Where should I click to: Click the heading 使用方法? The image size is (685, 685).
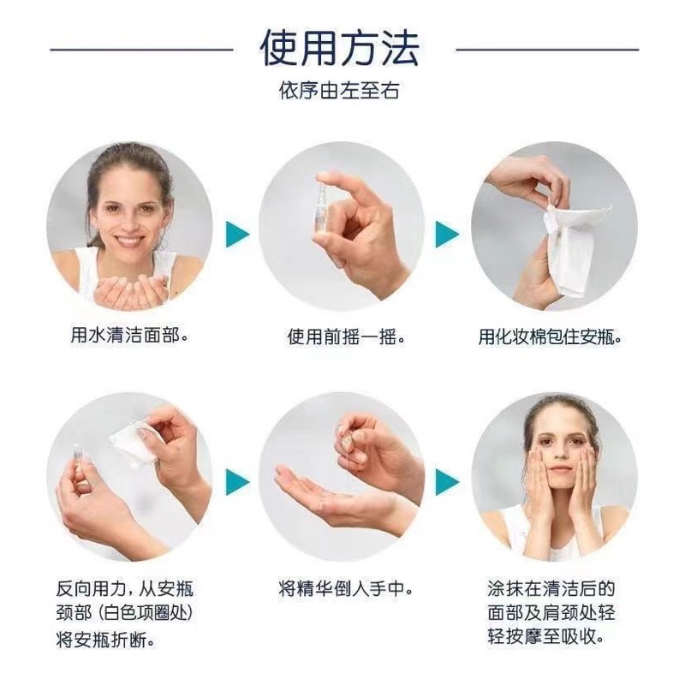[339, 49]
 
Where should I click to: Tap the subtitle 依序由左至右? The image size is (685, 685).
[339, 91]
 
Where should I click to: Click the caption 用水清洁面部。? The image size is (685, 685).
[130, 336]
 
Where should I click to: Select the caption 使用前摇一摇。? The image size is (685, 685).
[346, 337]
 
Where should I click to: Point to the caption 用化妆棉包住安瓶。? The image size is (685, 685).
[550, 337]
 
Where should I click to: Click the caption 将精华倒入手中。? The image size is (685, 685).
[346, 589]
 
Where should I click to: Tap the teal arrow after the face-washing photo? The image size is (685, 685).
[238, 234]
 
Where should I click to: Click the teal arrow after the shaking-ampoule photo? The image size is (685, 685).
[447, 234]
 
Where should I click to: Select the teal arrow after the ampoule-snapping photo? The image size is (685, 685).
[238, 482]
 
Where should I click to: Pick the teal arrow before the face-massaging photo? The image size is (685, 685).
[447, 482]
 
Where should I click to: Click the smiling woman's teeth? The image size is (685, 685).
[130, 241]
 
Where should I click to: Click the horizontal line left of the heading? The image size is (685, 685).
[141, 50]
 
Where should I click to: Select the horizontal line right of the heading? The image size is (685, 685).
[547, 50]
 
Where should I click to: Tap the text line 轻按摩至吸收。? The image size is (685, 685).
[546, 636]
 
